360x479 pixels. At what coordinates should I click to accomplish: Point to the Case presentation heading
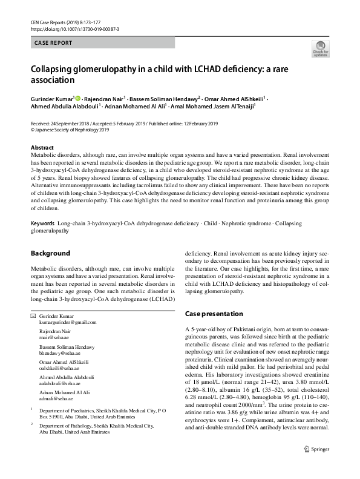[x=214, y=314]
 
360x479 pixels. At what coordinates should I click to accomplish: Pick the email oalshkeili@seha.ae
[x=58, y=368]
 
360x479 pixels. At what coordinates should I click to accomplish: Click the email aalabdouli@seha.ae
[x=59, y=383]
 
